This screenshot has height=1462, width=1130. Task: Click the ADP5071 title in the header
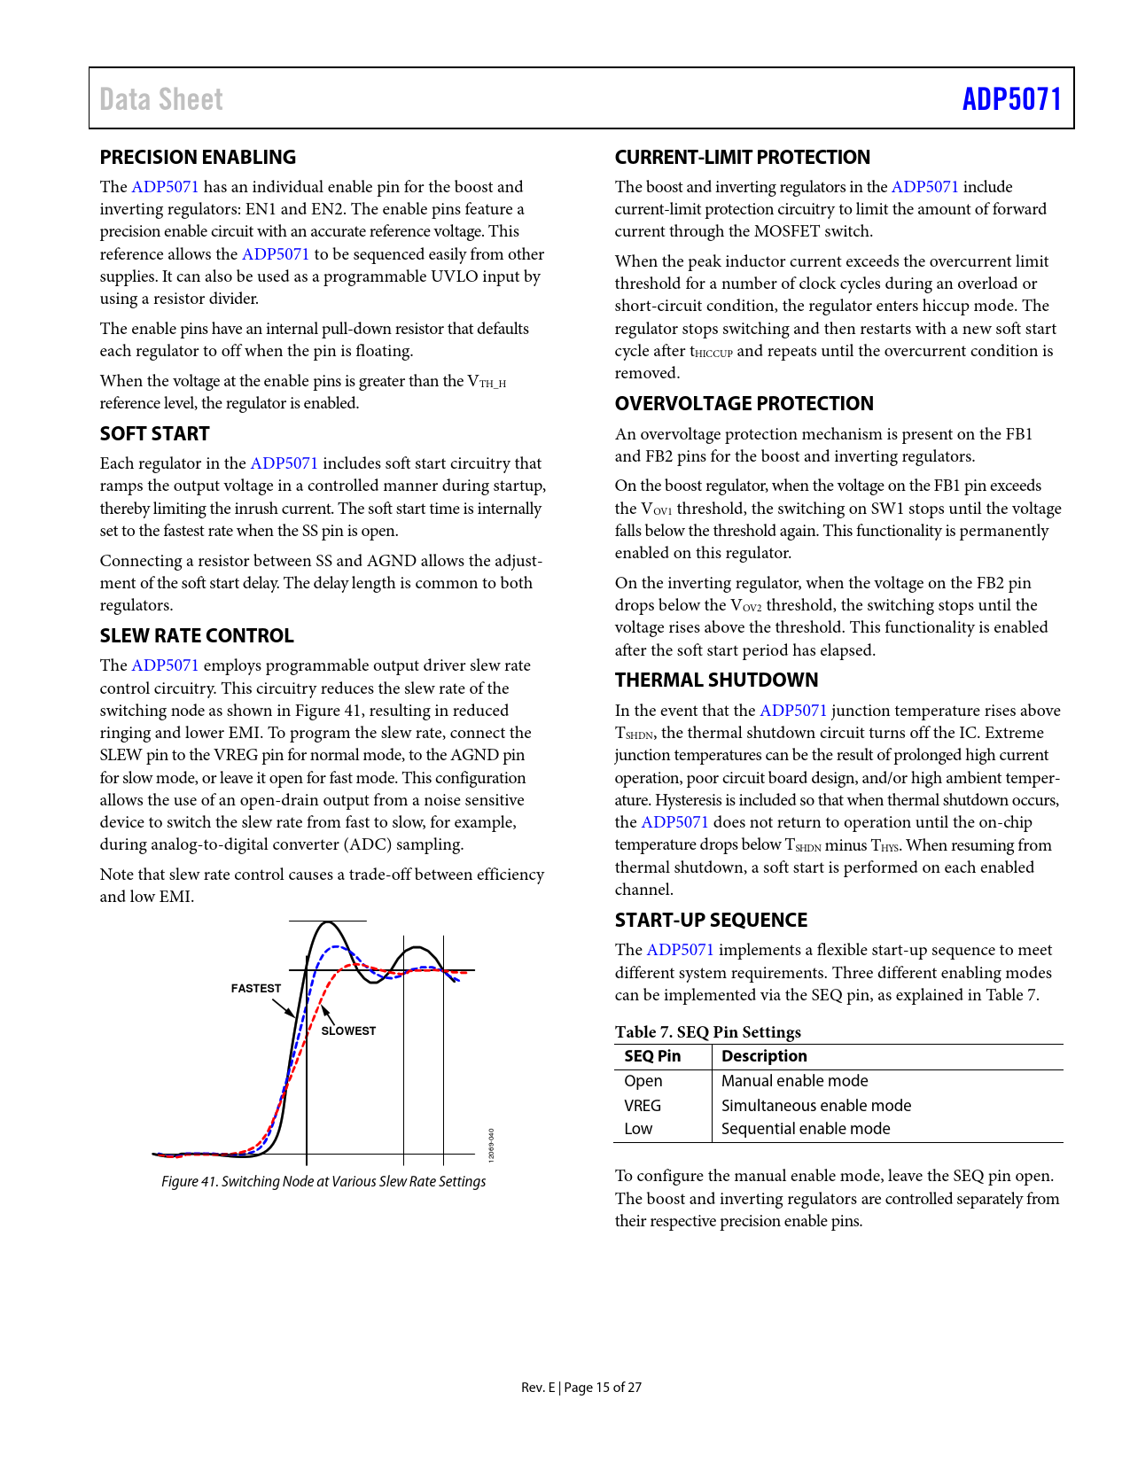(x=1011, y=98)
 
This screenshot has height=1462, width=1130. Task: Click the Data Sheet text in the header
(x=161, y=99)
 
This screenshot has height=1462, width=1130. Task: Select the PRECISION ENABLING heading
(x=198, y=158)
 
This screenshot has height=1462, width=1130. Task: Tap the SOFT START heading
(x=154, y=434)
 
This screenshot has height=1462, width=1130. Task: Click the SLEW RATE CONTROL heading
(x=197, y=636)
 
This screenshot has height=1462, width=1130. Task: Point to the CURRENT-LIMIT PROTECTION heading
(x=742, y=158)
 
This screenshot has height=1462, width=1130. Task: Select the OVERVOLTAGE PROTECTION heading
(x=744, y=404)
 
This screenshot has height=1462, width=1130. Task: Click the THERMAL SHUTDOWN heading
(x=716, y=680)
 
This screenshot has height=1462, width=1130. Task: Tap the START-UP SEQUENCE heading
(x=711, y=921)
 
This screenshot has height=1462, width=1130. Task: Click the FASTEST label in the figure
(x=255, y=989)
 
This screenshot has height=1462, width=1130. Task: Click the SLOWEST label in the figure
(x=348, y=1031)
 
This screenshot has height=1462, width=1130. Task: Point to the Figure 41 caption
(x=323, y=1182)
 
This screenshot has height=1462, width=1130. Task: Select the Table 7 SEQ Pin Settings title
(x=707, y=1032)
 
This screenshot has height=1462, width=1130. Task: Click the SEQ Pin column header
(x=652, y=1056)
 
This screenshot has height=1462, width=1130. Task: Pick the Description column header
(x=764, y=1056)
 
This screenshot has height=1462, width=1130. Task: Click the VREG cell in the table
(x=643, y=1106)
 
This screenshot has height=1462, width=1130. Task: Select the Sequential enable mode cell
(x=806, y=1129)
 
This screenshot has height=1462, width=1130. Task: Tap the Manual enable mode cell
(x=794, y=1081)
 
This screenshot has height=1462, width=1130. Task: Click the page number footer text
(x=581, y=1388)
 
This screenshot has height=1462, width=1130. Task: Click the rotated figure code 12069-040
(x=492, y=1145)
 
